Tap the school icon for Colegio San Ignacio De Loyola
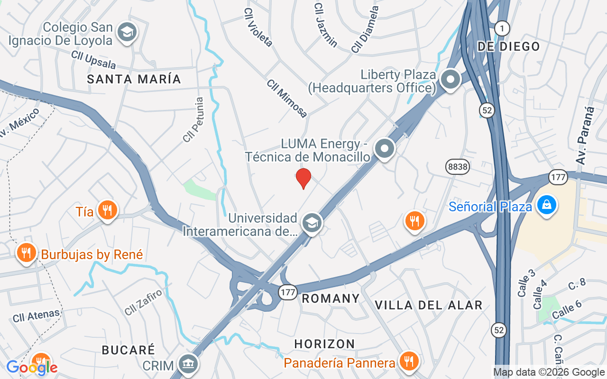127,32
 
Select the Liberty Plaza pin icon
450,79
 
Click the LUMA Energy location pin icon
385,148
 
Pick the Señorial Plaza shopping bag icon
547,205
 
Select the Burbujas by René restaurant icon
27,253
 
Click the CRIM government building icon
188,364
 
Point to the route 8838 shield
457,166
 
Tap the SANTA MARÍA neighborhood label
134,79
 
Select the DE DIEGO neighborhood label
508,46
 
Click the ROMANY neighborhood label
331,298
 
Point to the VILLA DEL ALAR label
428,305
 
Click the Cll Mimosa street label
287,98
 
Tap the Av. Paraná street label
585,135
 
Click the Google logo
32,367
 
